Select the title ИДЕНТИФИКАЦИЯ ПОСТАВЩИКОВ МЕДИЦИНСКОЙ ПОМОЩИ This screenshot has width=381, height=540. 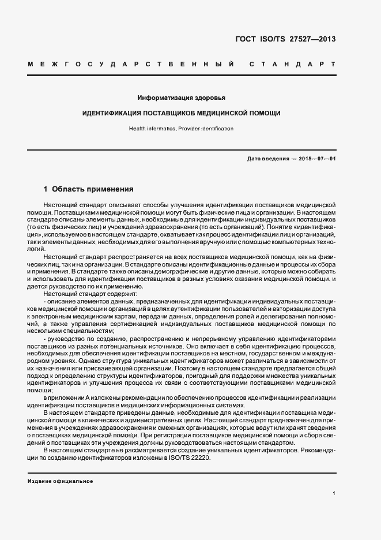click(181, 113)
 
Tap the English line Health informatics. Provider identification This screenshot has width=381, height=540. click(181, 129)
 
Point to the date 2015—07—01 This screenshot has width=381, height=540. click(317, 158)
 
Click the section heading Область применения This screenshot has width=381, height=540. click(93, 189)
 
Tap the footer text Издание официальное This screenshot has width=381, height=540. click(60, 481)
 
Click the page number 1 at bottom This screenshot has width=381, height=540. click(334, 493)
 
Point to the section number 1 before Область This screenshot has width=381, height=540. click(46, 189)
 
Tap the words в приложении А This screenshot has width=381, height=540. click(66, 398)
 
